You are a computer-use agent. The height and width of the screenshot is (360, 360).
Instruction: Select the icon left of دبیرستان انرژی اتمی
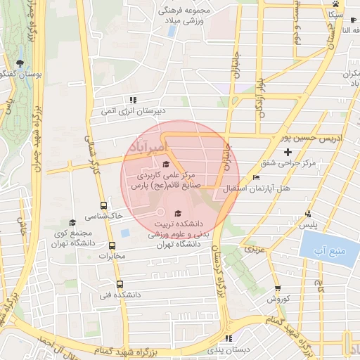[x=131, y=99]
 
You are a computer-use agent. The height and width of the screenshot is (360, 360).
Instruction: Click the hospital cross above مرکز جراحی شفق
[x=288, y=152]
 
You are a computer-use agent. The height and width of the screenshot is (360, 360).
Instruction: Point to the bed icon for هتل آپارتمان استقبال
[x=256, y=178]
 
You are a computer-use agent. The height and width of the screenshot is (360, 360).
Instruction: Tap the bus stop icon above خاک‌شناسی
[x=104, y=206]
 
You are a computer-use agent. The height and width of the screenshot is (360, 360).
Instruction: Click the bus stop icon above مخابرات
[x=112, y=245]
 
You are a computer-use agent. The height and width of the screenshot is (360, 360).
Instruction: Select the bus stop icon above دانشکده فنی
[x=119, y=285]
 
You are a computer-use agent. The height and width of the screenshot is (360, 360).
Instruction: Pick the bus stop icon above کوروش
[x=277, y=288]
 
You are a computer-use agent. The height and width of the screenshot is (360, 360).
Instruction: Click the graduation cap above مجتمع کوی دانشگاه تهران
[x=72, y=222]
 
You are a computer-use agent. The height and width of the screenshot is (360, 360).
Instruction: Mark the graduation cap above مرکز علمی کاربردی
[x=166, y=165]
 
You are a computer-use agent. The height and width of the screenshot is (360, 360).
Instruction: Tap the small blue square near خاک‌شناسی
[x=125, y=233]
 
